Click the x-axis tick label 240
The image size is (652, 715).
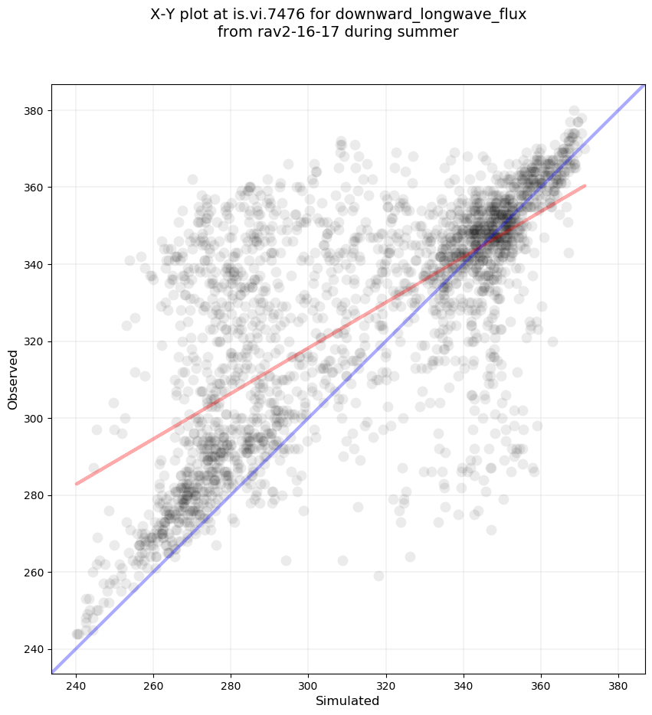[x=77, y=685]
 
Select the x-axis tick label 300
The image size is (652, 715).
[x=309, y=685]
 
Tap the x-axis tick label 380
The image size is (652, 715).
[x=618, y=685]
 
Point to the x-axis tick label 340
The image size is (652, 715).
[x=464, y=685]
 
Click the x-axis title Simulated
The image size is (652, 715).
[x=348, y=700]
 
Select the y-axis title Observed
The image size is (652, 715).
[x=14, y=379]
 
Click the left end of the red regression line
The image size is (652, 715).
[x=77, y=484]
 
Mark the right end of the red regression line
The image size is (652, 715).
[x=585, y=185]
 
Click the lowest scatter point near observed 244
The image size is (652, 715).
[x=77, y=634]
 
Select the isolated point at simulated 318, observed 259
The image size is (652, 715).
[x=378, y=576]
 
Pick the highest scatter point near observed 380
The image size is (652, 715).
[x=574, y=111]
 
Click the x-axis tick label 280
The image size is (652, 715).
[x=231, y=685]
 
